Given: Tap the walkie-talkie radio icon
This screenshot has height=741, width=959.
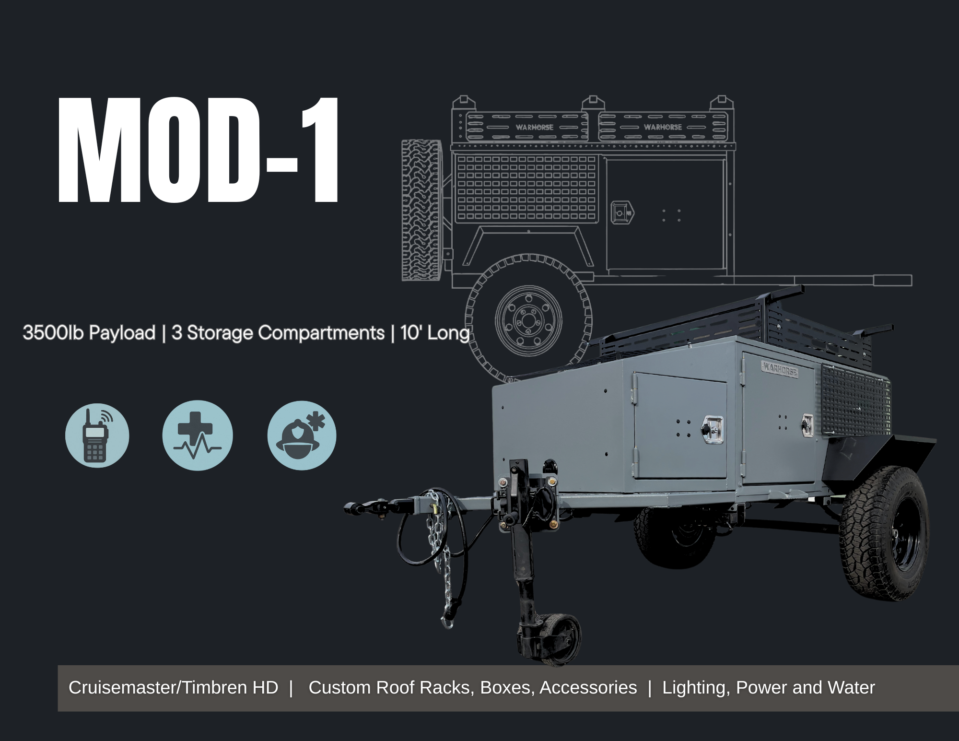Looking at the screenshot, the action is click(x=97, y=435).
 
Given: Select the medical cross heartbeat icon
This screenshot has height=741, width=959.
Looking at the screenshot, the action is click(x=197, y=435).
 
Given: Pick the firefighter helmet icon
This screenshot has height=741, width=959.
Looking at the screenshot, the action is click(x=302, y=435).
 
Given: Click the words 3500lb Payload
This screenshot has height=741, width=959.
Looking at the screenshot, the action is click(x=89, y=333).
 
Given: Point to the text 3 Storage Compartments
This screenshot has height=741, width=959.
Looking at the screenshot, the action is click(x=278, y=333).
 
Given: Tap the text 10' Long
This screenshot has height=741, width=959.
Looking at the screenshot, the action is click(x=434, y=333).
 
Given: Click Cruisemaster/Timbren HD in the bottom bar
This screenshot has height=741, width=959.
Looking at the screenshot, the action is click(x=173, y=688).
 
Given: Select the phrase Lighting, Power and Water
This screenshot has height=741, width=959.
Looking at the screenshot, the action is click(x=768, y=688).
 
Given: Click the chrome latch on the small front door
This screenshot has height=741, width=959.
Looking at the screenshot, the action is click(x=713, y=428).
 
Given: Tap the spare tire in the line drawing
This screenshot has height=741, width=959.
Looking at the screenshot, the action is click(x=421, y=210).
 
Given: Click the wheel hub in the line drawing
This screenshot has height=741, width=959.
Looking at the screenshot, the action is click(x=528, y=319).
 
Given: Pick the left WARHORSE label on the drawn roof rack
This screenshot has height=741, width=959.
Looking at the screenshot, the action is click(x=534, y=127).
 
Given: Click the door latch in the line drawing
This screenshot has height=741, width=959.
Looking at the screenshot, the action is click(x=622, y=212).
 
